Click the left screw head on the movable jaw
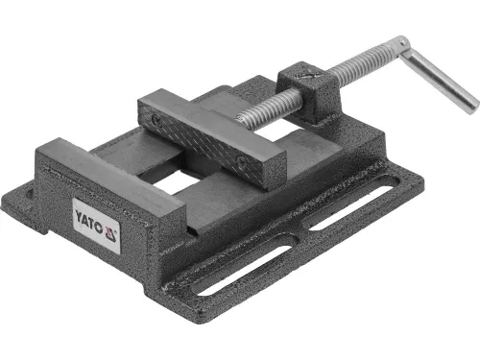tap(156, 119)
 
